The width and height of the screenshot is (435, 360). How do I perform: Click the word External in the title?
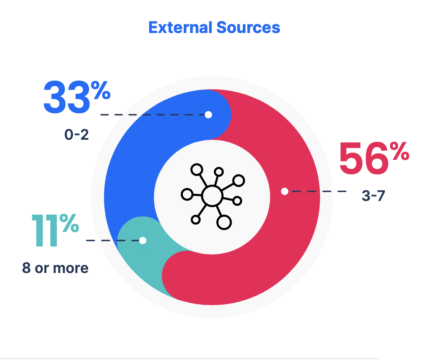coord(180,27)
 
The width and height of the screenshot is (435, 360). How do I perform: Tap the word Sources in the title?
coord(248,27)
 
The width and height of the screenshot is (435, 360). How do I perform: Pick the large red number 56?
coord(363,159)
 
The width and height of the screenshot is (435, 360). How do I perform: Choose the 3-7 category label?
coord(373,196)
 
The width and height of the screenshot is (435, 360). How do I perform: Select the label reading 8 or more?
coord(55,268)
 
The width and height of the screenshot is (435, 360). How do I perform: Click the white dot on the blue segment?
coord(208,115)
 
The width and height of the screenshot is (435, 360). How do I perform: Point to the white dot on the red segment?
coord(285,191)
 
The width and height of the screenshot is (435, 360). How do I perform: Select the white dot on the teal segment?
coord(143,240)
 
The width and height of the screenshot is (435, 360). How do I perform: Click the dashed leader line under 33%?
coord(153,115)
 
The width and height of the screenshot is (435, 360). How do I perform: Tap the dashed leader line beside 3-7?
coord(318,191)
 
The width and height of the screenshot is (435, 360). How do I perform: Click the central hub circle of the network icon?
coord(212,196)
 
